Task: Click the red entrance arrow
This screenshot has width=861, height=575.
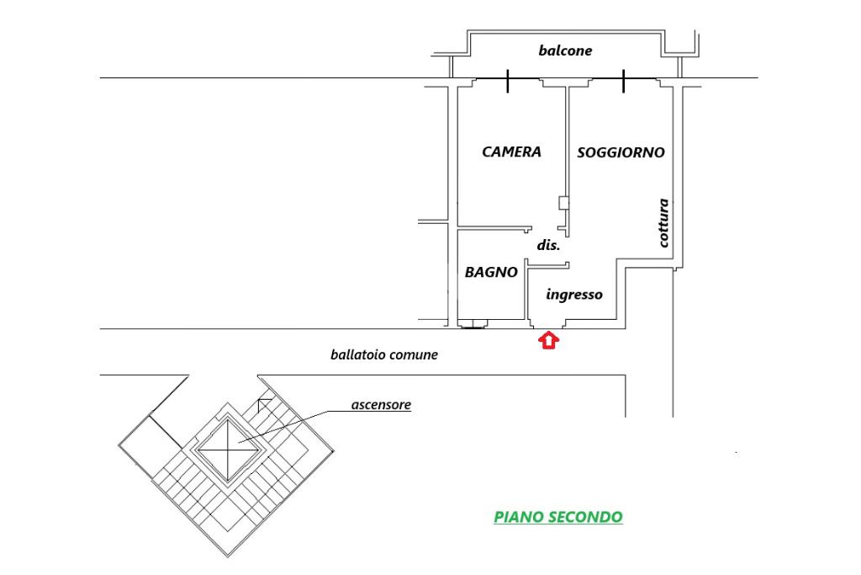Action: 548,340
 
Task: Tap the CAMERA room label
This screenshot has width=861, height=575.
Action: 511,152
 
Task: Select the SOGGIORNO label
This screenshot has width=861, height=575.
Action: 621,153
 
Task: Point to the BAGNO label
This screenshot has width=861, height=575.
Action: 491,273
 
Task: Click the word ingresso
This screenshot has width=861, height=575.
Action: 574,295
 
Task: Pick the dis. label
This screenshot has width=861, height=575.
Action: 548,246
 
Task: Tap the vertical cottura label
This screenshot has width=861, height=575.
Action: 663,222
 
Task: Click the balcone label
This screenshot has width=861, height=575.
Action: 565,51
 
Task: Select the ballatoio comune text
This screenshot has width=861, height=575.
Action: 383,355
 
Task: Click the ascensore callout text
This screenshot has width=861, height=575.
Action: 381,405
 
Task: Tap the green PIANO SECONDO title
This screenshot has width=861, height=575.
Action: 558,517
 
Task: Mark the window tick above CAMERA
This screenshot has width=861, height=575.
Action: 508,82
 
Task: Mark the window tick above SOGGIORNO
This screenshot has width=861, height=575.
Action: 624,82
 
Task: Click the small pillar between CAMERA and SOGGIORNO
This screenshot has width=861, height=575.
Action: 563,202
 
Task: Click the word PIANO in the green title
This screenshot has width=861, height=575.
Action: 519,517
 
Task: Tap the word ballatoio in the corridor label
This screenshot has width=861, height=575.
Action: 357,355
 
